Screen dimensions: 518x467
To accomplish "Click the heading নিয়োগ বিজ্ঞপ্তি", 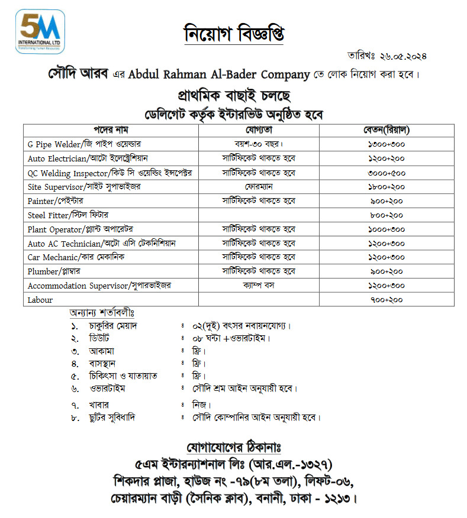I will [x=233, y=33].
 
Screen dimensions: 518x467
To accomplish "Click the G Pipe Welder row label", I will [x=84, y=144].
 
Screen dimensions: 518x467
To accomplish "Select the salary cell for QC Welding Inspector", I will [x=387, y=173].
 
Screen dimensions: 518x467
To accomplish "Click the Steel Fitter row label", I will [x=68, y=215].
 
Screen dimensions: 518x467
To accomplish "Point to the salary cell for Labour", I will [x=387, y=300].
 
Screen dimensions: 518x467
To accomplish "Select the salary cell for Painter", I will [x=387, y=201].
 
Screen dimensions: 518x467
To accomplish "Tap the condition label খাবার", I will [x=96, y=404].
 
